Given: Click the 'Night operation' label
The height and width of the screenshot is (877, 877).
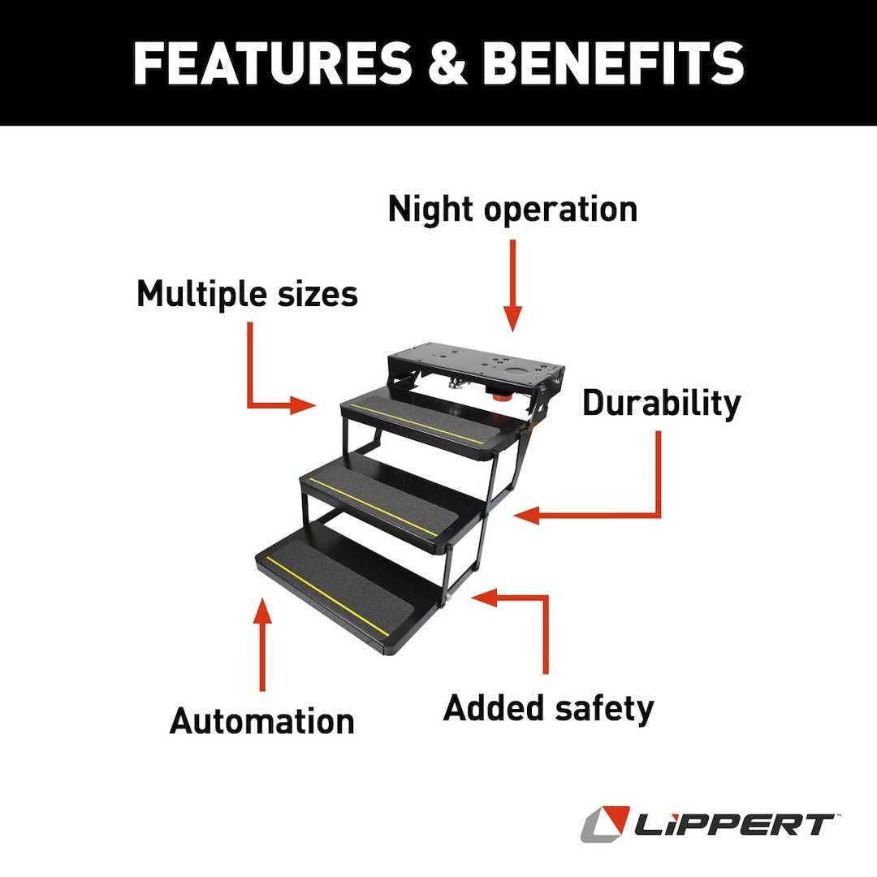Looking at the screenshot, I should pyautogui.click(x=512, y=209).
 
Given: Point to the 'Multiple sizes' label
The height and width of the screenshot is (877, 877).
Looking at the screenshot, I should pyautogui.click(x=247, y=293).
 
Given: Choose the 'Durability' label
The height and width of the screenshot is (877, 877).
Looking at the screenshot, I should pyautogui.click(x=661, y=403).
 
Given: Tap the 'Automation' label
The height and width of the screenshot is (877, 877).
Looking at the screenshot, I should pyautogui.click(x=261, y=721).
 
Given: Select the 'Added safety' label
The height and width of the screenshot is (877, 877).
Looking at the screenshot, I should pyautogui.click(x=548, y=708).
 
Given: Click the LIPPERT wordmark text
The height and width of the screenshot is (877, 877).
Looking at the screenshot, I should pyautogui.click(x=735, y=825).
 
